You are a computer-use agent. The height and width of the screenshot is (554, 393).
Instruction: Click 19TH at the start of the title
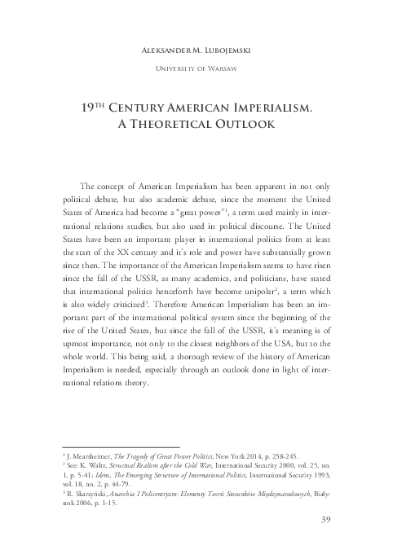[x=96, y=107]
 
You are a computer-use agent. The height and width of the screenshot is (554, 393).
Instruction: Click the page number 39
[x=324, y=520]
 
